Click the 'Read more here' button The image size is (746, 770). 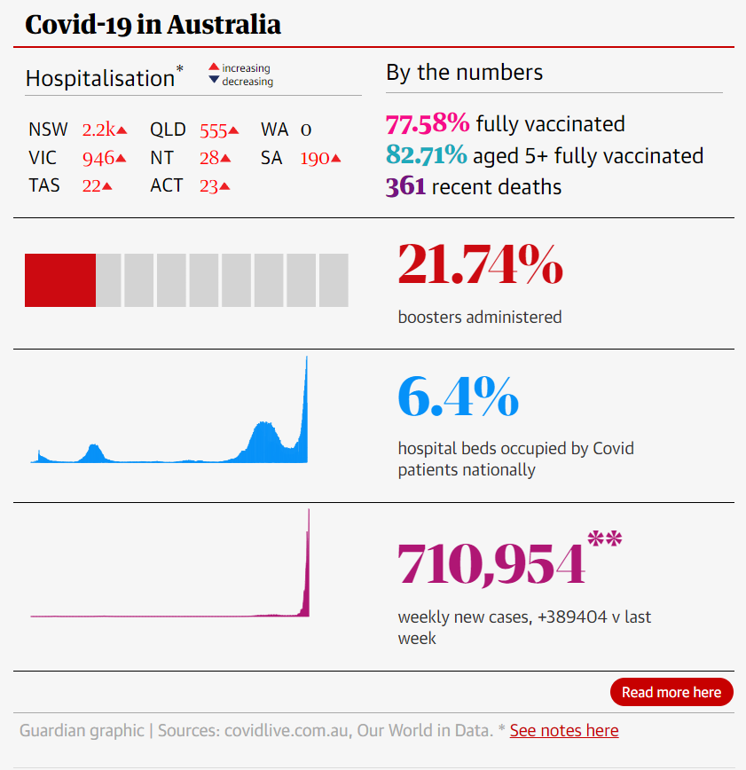pos(671,692)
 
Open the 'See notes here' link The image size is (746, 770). pos(564,731)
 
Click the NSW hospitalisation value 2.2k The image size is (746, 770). pos(98,130)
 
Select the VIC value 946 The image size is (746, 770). pos(98,159)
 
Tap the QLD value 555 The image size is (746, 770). pos(214,130)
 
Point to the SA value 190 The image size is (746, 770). pos(315,159)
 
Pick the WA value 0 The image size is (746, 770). pos(306,130)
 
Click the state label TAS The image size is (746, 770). pos(44,185)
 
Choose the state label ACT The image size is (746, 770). pos(167,185)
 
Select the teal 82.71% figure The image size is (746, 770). pos(427,156)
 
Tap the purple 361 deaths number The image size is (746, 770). pos(405,187)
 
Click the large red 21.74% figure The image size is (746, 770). pos(480,265)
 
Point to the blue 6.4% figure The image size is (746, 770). pos(458,397)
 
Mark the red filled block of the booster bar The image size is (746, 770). pos(59,280)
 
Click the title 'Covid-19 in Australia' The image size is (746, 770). pos(153,24)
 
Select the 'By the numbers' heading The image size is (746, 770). pos(464,72)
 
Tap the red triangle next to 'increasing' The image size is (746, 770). pos(214,67)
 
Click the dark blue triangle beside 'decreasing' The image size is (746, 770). pos(214,81)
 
